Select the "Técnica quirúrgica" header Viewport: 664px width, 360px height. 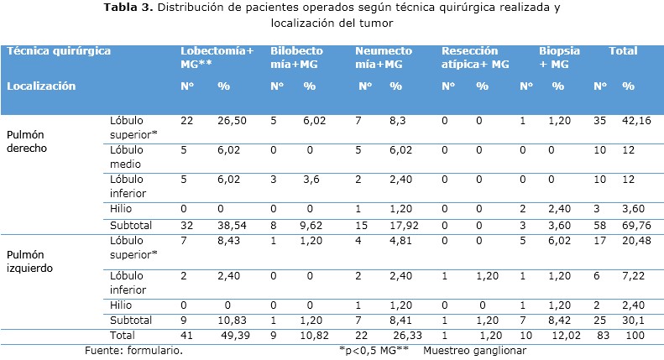(x=59, y=51)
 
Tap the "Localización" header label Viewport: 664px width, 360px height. (x=41, y=86)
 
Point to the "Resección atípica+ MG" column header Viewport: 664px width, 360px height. (x=475, y=57)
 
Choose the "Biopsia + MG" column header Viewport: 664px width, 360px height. (x=560, y=57)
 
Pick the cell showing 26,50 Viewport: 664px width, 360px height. (x=231, y=121)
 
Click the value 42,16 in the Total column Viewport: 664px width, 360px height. (x=635, y=121)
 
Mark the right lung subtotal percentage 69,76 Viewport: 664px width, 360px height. (x=635, y=226)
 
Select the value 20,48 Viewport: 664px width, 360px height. (x=635, y=241)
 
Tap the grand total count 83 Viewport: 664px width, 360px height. (x=599, y=335)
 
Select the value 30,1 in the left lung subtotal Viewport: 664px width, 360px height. (x=632, y=320)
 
